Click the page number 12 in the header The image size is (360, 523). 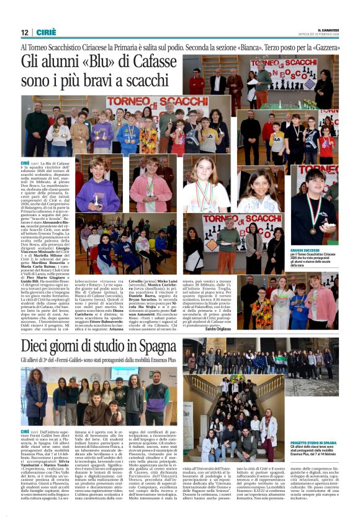pyautogui.click(x=24, y=32)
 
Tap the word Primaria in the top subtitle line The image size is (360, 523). pyautogui.click(x=155, y=48)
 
